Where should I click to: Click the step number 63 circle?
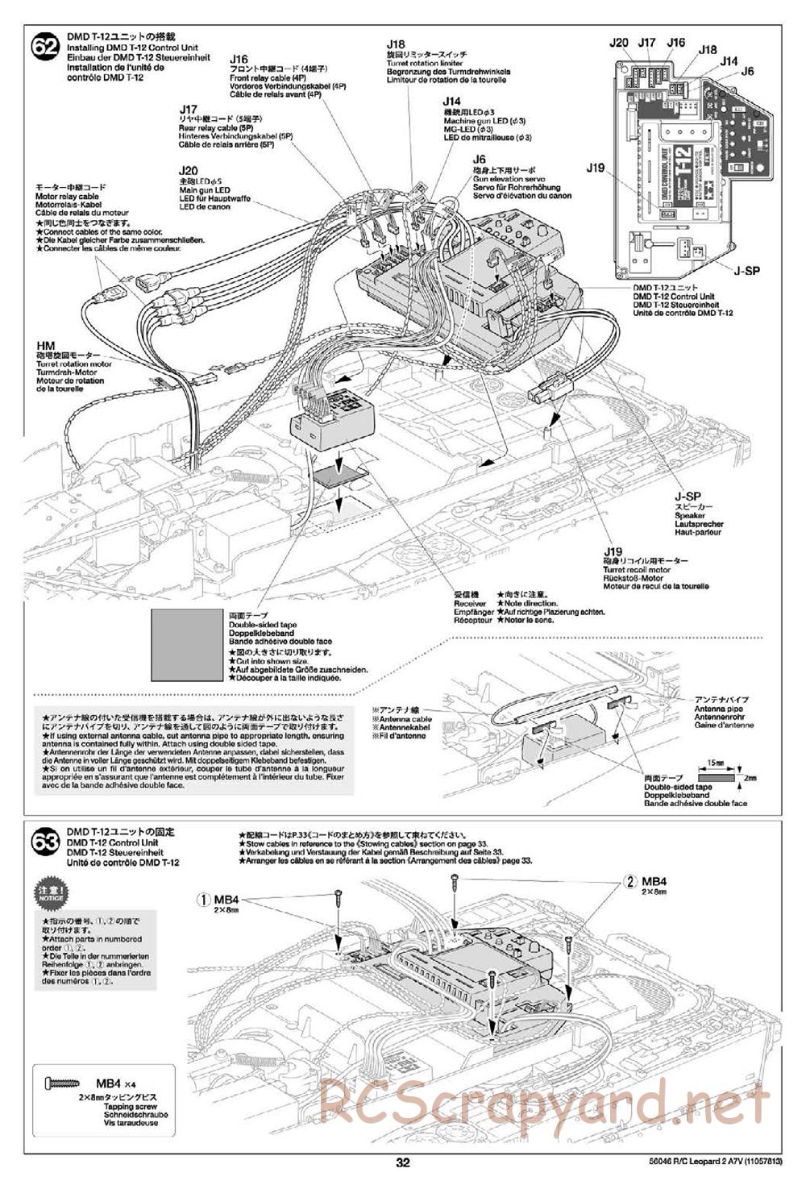(45, 843)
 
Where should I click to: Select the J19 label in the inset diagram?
(596, 168)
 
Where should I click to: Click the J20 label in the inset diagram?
(619, 43)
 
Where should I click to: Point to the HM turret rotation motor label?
(44, 346)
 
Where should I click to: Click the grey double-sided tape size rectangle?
(185, 646)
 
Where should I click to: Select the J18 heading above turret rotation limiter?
(396, 45)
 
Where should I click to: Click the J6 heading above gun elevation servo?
(480, 160)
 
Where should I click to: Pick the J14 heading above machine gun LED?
(451, 102)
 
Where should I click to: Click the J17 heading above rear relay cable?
(189, 109)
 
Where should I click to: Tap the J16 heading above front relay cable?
(239, 59)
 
